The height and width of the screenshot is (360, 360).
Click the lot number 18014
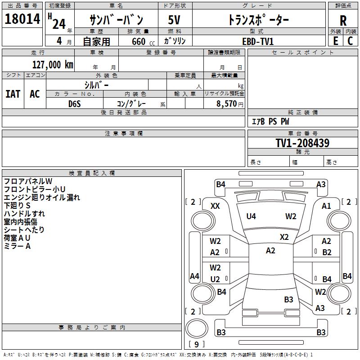click(x=22, y=19)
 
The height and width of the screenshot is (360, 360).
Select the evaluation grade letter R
click(x=343, y=21)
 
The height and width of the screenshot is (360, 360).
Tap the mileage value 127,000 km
click(x=53, y=65)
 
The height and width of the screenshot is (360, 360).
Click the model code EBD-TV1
click(x=258, y=41)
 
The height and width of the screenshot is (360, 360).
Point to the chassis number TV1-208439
click(x=302, y=143)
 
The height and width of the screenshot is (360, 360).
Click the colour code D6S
click(x=75, y=104)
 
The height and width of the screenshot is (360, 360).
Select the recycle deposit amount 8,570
click(x=226, y=104)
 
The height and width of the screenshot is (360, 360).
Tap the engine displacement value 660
click(x=139, y=41)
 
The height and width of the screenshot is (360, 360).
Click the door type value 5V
click(x=174, y=20)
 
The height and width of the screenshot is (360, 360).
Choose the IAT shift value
click(x=13, y=94)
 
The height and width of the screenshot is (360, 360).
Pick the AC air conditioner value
click(x=35, y=94)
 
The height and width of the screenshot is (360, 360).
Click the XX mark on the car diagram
click(x=215, y=206)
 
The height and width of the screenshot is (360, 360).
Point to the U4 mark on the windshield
click(x=251, y=216)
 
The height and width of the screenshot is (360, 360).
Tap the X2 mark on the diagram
click(x=284, y=237)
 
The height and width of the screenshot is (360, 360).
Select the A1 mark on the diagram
click(x=326, y=206)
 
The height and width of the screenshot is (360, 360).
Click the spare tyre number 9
click(x=197, y=344)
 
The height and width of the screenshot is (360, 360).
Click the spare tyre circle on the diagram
click(x=197, y=328)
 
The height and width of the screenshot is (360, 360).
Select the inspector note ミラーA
click(x=17, y=246)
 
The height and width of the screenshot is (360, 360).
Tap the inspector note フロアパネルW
click(x=28, y=181)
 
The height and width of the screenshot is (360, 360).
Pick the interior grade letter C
click(x=350, y=41)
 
